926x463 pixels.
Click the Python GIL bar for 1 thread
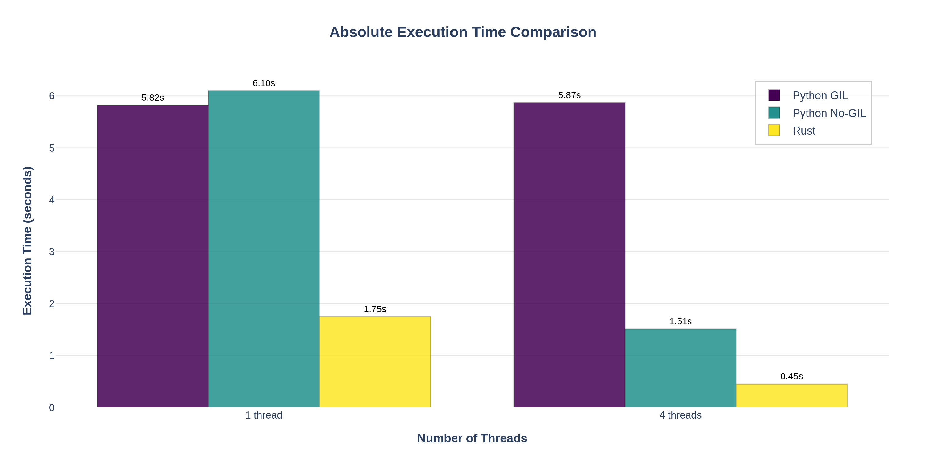coord(152,256)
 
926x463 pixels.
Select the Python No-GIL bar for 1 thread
coord(264,249)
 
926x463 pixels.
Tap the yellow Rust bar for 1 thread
coord(375,362)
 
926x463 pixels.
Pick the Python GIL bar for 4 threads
coord(569,255)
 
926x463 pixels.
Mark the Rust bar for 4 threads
coord(791,395)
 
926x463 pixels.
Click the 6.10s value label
coord(264,83)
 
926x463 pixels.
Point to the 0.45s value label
coord(791,376)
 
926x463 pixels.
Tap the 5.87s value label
coord(569,95)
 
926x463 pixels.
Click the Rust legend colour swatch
coord(774,130)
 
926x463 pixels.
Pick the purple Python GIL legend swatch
coord(774,95)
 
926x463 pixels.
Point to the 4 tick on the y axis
coord(52,200)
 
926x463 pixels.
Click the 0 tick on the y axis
coord(52,408)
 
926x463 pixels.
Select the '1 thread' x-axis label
coord(264,415)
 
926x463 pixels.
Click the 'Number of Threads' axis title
coord(472,438)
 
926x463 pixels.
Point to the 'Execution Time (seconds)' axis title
coord(27,240)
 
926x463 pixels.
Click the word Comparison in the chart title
coord(553,32)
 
